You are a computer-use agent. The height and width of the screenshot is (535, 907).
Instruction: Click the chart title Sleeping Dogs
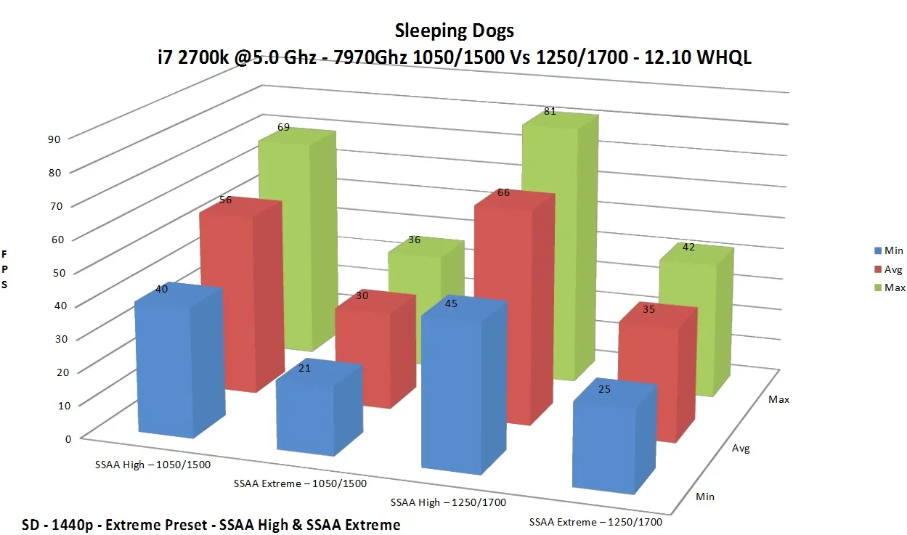(x=455, y=30)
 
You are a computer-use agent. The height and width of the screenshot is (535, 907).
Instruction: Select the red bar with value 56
(x=241, y=295)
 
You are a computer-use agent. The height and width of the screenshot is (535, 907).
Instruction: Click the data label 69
(x=283, y=127)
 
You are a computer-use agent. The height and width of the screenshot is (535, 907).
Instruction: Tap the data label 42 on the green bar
(x=688, y=247)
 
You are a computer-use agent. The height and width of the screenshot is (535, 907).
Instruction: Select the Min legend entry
(x=888, y=250)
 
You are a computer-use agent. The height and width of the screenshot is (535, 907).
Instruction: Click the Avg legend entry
(x=888, y=269)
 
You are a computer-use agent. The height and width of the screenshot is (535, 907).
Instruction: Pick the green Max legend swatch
(x=878, y=287)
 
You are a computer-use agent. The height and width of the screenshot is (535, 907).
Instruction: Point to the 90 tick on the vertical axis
(x=54, y=139)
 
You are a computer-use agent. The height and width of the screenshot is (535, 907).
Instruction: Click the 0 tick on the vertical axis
(x=68, y=439)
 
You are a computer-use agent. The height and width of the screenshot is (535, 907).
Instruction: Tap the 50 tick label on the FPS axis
(x=59, y=273)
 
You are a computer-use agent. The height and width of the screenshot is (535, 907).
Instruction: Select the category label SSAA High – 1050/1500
(x=152, y=465)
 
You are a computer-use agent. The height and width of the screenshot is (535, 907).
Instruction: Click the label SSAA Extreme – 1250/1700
(x=595, y=522)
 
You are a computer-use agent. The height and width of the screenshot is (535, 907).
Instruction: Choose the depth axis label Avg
(x=741, y=448)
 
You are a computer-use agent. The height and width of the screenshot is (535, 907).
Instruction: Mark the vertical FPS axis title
(x=4, y=269)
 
